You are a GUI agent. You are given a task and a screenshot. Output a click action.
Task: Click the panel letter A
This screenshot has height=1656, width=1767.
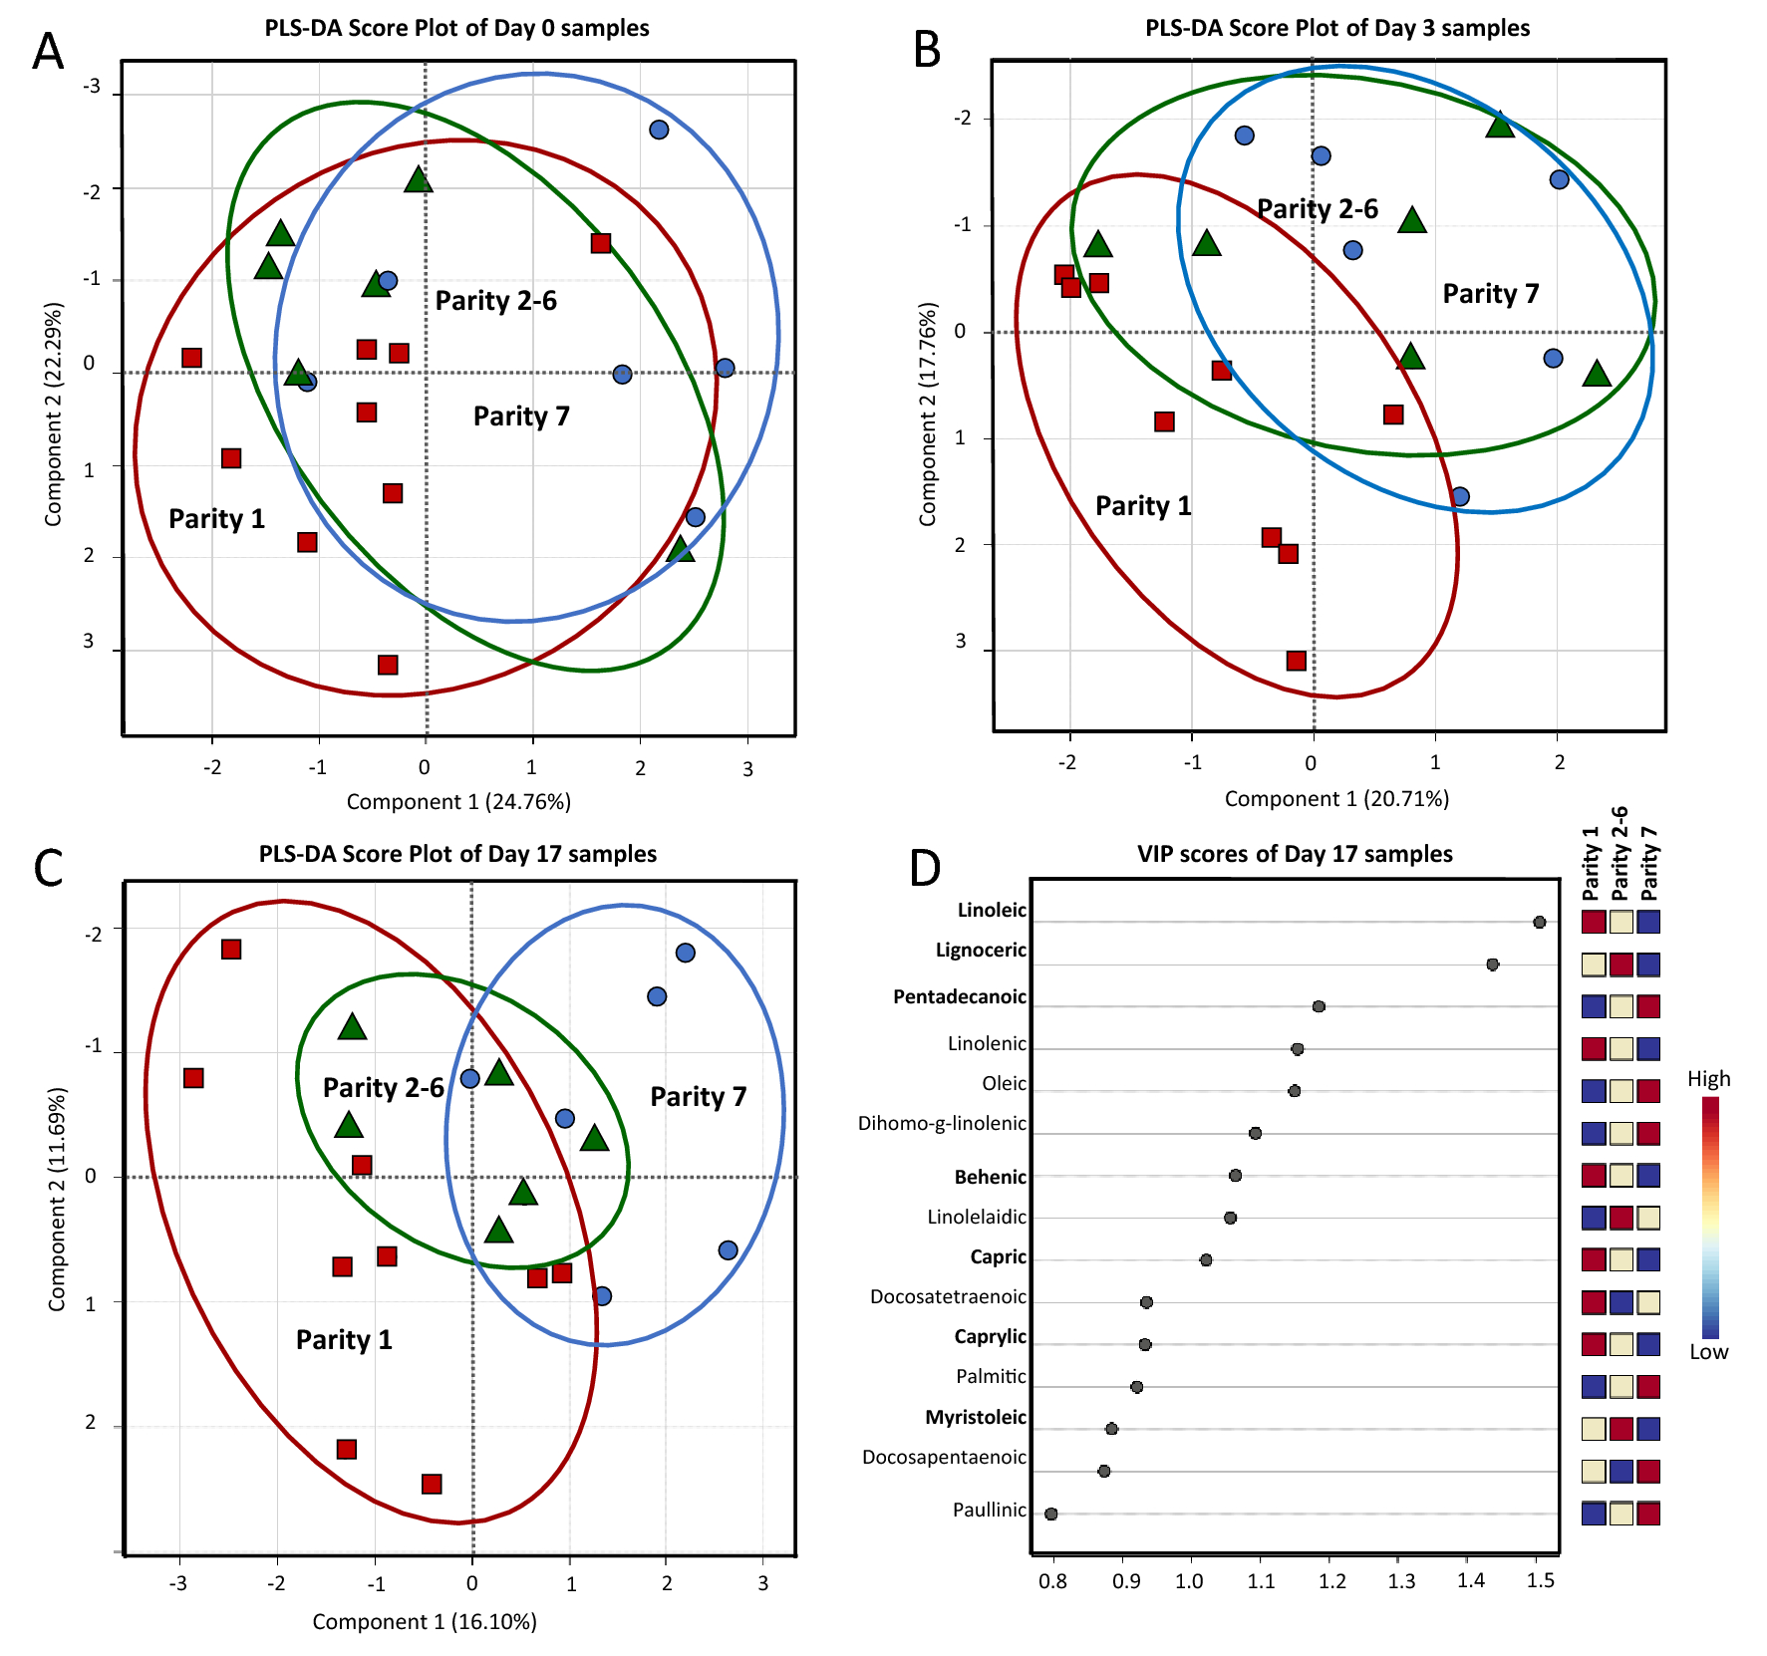coord(48,51)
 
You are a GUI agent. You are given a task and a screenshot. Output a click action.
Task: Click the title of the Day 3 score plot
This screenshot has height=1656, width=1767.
coord(1336,28)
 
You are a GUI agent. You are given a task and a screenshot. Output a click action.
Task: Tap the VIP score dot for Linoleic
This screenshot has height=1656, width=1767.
coord(1539,923)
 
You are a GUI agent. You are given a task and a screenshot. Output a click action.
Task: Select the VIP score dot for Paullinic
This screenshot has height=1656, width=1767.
coord(1050,1514)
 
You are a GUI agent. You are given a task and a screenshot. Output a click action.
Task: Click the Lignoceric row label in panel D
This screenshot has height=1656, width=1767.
coord(981,951)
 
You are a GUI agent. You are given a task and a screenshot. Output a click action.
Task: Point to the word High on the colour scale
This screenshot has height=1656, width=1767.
coord(1708,1079)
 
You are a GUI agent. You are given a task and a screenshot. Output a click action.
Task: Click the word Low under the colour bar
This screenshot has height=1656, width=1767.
coord(1708,1352)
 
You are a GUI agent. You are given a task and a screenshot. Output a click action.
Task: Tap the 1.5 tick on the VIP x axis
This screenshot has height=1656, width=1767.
coord(1541,1580)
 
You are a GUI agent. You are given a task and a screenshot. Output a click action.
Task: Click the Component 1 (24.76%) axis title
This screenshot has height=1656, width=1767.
coord(458,802)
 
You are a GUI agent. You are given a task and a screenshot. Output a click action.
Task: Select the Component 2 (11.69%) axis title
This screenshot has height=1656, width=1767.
coord(57,1199)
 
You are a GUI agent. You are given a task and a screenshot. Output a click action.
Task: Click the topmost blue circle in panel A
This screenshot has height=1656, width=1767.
coord(659,130)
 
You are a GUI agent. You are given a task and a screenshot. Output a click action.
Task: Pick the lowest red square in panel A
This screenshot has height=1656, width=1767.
coord(388,665)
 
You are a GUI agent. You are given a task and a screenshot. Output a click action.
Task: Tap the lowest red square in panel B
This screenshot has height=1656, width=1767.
coord(1296,661)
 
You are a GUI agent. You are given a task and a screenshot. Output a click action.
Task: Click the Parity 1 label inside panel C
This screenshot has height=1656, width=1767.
coord(344,1340)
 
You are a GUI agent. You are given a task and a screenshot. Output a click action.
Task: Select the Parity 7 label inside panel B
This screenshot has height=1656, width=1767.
coord(1491,294)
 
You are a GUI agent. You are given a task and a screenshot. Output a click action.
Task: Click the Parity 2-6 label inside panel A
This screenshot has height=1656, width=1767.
coord(495,301)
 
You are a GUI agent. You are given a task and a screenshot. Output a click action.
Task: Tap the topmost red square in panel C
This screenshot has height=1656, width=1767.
coord(231,950)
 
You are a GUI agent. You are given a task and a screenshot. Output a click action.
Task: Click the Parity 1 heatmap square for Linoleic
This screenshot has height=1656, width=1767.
coord(1593,922)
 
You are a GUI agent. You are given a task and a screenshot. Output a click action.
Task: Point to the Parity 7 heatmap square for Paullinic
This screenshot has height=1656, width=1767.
coord(1648,1514)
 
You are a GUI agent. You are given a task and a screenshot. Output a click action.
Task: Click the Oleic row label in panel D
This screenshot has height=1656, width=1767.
coord(1004,1084)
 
